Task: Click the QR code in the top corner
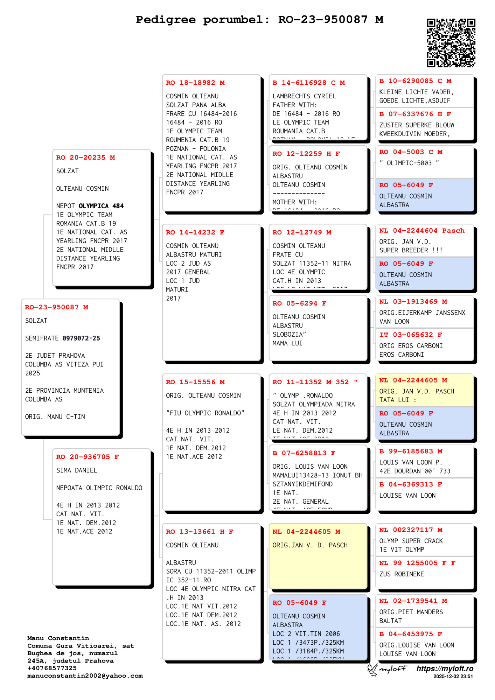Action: [x=451, y=43]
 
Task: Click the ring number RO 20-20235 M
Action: [x=85, y=157]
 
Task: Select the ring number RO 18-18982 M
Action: [x=195, y=83]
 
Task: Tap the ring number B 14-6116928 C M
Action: [x=308, y=83]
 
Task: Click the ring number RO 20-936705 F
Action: [x=88, y=457]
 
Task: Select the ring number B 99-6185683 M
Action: [x=411, y=451]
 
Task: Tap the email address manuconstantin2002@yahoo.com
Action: [x=85, y=676]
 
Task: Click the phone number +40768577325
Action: [x=52, y=668]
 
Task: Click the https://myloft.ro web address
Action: [x=445, y=668]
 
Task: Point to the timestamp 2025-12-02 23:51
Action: [x=453, y=676]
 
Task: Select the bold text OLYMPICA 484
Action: [x=101, y=206]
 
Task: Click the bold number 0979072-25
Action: [x=81, y=338]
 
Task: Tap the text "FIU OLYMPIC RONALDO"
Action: [x=205, y=413]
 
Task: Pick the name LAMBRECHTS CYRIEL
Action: [x=304, y=96]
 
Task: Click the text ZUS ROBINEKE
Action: [x=402, y=574]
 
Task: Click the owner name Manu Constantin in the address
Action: [x=58, y=638]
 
